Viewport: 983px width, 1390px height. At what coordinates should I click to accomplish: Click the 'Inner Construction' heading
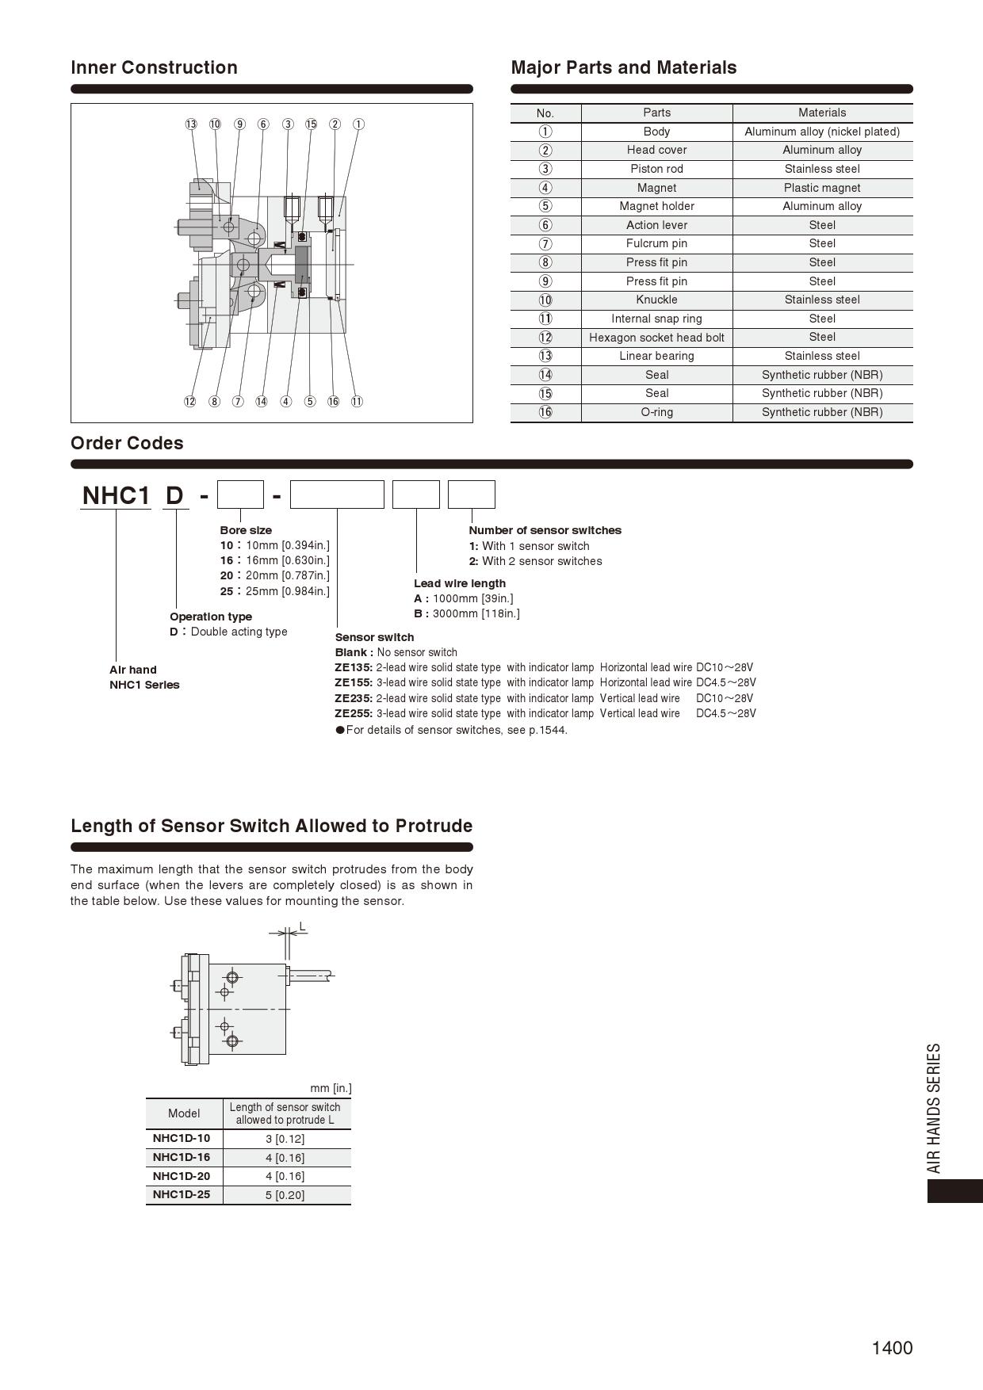(154, 67)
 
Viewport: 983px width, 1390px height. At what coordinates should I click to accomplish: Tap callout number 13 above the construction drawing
(191, 124)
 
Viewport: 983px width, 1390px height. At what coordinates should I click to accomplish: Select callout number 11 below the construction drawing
(357, 401)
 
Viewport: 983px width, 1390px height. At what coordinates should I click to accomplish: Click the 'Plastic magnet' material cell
(822, 188)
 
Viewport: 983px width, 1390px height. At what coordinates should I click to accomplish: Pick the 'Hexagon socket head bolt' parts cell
(656, 338)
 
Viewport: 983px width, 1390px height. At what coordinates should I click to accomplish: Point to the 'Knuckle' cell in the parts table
(656, 300)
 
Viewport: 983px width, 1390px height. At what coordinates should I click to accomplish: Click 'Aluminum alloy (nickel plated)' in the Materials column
(822, 132)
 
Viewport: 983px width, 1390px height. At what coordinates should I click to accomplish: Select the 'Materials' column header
(822, 113)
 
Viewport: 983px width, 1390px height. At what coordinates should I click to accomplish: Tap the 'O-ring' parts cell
(656, 412)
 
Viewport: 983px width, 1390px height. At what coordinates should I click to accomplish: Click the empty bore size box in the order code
(240, 495)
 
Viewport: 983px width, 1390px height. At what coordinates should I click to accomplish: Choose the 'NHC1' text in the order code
(116, 495)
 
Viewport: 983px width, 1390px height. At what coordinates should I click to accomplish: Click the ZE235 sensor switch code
(353, 698)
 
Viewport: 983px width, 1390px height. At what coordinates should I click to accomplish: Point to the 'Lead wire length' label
(460, 583)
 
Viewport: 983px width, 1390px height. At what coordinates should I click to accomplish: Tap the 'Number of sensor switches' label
(545, 530)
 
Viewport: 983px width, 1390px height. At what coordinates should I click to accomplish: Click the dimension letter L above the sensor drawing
(302, 926)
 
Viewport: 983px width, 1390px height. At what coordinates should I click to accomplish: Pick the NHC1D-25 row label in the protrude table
(182, 1194)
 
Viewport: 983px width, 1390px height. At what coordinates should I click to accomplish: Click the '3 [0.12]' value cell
(285, 1139)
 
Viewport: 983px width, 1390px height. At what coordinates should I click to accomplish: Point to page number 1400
(892, 1348)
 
